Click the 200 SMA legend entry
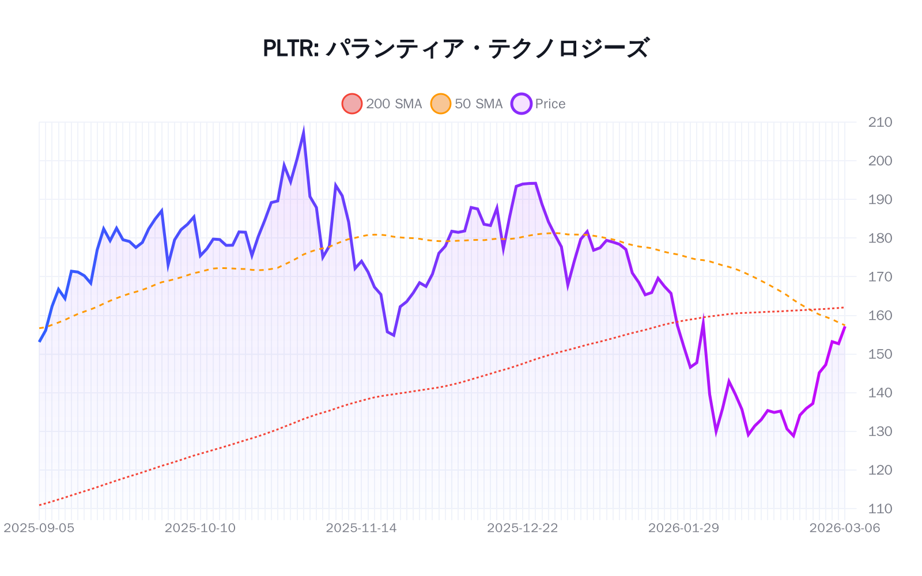(x=382, y=104)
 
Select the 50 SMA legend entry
(x=467, y=104)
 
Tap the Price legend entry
(x=538, y=104)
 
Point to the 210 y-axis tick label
(x=880, y=122)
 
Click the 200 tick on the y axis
(x=880, y=161)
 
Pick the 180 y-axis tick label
(x=880, y=238)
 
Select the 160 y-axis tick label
(x=880, y=316)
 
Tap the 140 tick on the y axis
(x=880, y=393)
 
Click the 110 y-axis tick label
(x=880, y=509)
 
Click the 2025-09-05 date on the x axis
(x=39, y=528)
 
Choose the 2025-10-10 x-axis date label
(x=200, y=528)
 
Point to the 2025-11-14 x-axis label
(x=361, y=528)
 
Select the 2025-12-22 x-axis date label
(x=523, y=528)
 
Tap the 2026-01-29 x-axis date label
(x=683, y=528)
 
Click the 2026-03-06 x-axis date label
(x=845, y=528)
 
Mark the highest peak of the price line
(x=303, y=132)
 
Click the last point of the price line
(x=845, y=327)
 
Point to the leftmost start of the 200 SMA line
(x=39, y=505)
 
